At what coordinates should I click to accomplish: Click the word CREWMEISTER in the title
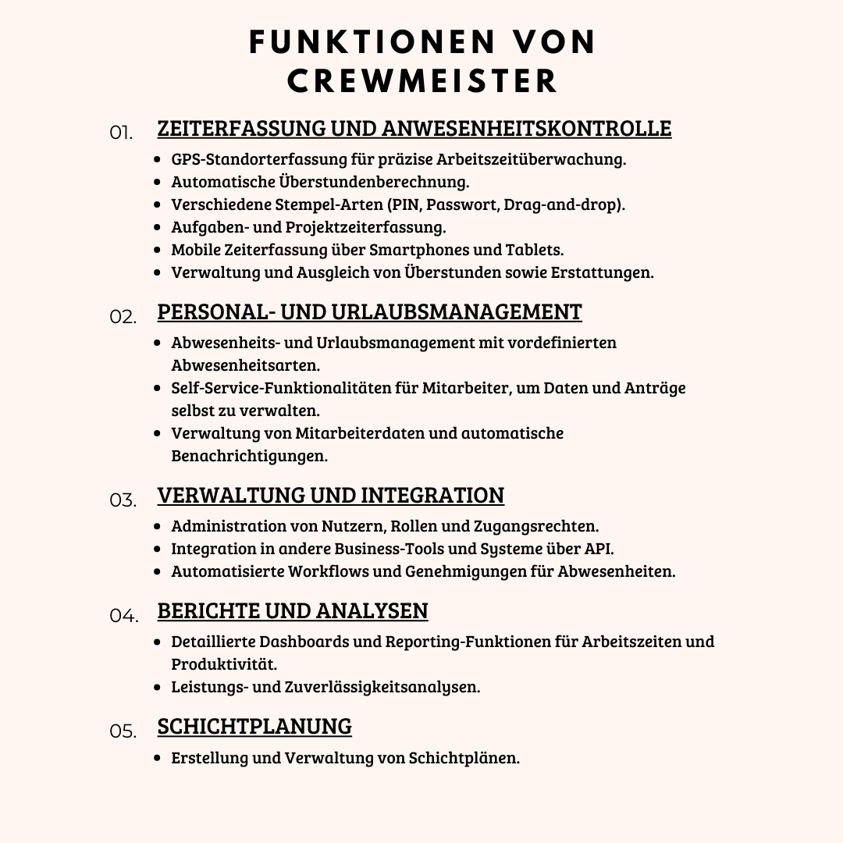pos(422,81)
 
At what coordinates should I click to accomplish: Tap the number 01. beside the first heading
pos(121,133)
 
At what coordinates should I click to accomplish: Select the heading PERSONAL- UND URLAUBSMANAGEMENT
pos(369,311)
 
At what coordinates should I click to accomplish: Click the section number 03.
pos(123,500)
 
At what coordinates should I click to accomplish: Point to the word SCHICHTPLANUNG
pos(254,726)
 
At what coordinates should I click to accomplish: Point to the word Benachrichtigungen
pos(249,456)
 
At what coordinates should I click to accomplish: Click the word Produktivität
pos(224,664)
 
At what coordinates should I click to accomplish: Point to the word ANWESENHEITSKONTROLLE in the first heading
pos(526,128)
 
